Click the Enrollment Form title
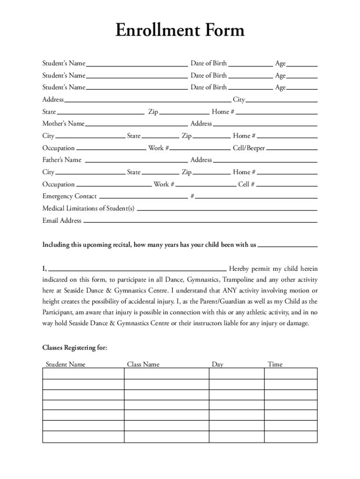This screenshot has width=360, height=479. pos(180,31)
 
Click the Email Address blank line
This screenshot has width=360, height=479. pos(200,221)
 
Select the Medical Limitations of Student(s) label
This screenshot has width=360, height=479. pos(88,209)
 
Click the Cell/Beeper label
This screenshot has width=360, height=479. pos(249,148)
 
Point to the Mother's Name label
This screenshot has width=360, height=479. pos(63,124)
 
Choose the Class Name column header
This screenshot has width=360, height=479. pos(143,364)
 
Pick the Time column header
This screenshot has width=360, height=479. pos(275,364)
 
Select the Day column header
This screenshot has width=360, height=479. pos(217,364)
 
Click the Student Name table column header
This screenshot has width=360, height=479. pos(65,364)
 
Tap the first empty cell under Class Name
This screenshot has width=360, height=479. pos(166,374)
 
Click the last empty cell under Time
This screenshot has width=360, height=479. pos(290,437)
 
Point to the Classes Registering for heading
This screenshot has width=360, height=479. pos(75,348)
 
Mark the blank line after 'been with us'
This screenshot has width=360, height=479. pos(288,245)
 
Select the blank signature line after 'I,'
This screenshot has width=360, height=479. pos(138,269)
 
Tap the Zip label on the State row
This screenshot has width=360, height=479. pos(153,112)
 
